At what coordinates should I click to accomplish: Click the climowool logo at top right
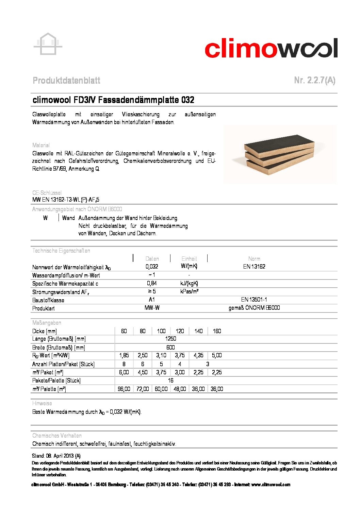[271, 48]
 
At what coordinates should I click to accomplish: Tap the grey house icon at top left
[48, 44]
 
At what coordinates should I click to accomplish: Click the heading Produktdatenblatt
[66, 81]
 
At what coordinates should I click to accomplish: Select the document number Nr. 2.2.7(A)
[314, 80]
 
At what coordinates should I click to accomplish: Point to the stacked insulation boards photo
[280, 154]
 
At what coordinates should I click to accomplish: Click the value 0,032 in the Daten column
[152, 267]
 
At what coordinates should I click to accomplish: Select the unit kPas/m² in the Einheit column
[189, 291]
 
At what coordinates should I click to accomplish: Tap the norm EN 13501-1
[254, 300]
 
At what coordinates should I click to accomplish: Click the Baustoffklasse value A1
[152, 300]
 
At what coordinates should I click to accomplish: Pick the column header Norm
[254, 259]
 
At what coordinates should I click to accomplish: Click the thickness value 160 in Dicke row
[217, 331]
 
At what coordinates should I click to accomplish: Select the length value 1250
[170, 339]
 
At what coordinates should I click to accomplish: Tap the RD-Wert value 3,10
[161, 355]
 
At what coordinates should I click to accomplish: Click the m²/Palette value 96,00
[124, 389]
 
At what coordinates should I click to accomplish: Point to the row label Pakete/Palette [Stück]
[56, 380]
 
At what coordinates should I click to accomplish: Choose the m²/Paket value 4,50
[143, 372]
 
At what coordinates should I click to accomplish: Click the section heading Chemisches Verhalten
[57, 436]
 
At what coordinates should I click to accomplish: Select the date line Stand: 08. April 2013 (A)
[56, 456]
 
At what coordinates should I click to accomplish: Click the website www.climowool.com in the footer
[271, 485]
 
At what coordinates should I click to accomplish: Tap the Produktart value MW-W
[152, 308]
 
